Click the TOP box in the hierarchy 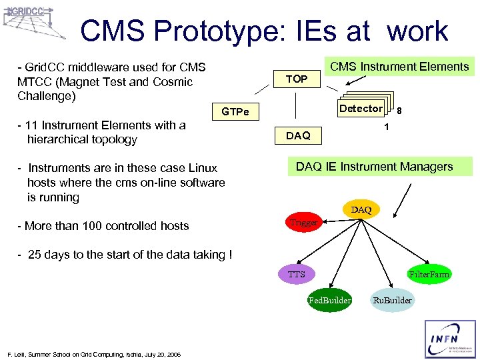point(297,79)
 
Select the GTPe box point(235,111)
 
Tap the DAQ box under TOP point(298,136)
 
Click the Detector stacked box point(361,108)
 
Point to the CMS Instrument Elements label point(400,66)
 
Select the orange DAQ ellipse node point(361,209)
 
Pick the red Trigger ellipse point(304,223)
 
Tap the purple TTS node point(297,274)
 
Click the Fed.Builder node point(329,300)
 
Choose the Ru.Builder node point(392,300)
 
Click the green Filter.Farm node point(429,274)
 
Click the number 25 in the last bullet point(35,255)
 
